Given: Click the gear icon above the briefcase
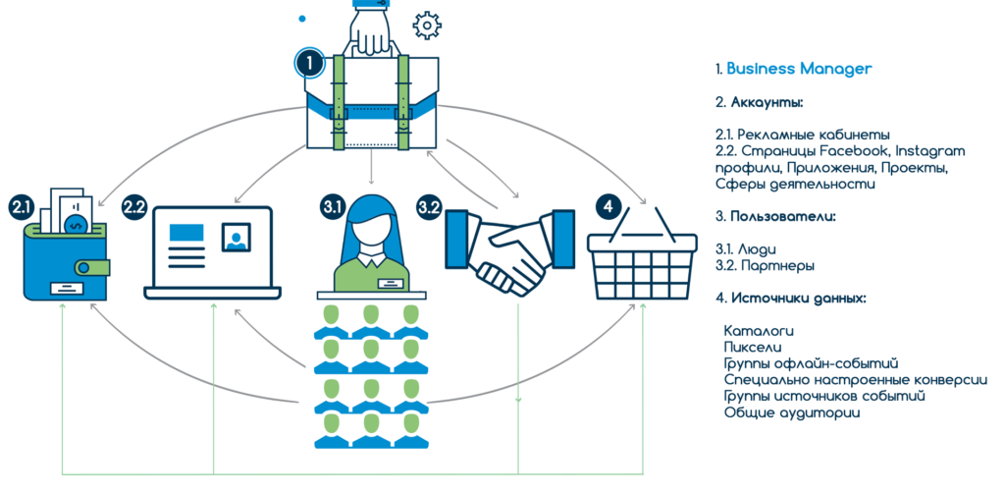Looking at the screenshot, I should pyautogui.click(x=427, y=24).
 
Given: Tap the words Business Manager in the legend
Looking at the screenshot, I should pyautogui.click(x=799, y=69).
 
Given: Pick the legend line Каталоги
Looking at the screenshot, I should pyautogui.click(x=758, y=330).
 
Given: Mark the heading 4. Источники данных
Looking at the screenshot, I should pyautogui.click(x=791, y=298).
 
